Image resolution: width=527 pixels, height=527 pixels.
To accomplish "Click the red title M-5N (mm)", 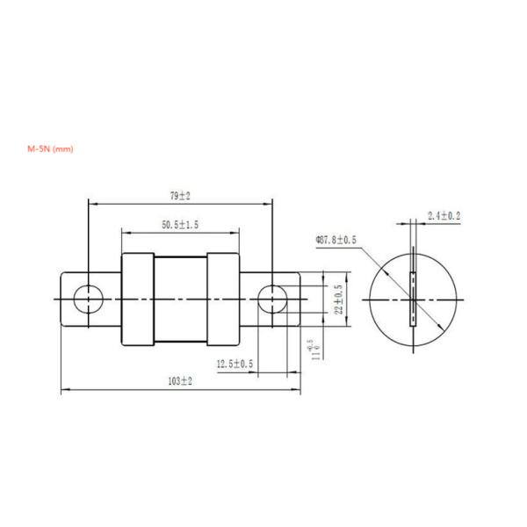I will pos(51,149).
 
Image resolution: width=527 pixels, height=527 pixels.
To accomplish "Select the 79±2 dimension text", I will pos(179,196).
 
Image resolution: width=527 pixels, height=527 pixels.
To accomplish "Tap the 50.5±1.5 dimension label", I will pos(179,225).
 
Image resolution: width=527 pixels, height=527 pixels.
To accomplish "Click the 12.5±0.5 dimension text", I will pos(235,363).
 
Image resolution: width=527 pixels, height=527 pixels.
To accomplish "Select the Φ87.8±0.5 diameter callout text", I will pos(336,239).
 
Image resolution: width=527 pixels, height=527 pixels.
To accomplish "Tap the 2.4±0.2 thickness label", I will pos(444,215).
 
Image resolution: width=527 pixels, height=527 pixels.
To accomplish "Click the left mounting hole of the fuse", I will pos(89,300).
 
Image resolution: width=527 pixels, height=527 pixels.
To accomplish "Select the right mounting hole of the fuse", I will pos(270,300).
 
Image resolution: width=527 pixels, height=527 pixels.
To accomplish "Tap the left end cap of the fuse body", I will pos(137,300).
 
